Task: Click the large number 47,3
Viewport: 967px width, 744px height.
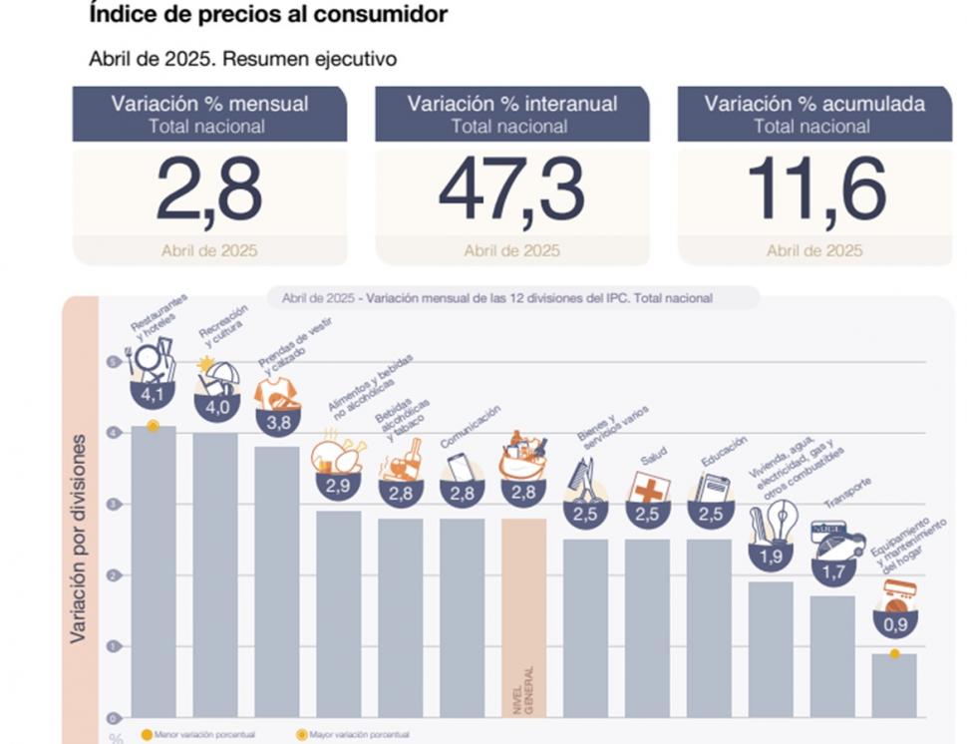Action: coord(511,189)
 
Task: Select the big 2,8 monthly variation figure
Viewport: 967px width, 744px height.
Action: coord(209,189)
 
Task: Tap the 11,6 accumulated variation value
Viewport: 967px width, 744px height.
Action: coord(814,189)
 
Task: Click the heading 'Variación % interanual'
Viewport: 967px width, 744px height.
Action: coord(511,104)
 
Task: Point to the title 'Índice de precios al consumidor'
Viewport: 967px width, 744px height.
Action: coord(267,15)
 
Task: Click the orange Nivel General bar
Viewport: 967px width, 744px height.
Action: coord(523,618)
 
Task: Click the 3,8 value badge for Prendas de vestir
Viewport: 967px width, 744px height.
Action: coord(277,423)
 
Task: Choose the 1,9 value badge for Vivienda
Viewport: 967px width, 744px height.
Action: coord(771,557)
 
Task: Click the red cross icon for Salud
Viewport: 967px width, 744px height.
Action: coord(648,489)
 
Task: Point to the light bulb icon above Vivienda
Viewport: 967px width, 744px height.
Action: coord(778,519)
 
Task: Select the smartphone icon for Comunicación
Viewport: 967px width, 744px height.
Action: coord(460,467)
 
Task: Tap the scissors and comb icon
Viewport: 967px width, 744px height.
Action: coord(586,481)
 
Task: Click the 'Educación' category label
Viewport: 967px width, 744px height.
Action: coord(725,451)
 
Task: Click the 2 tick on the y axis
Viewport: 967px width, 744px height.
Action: coord(113,575)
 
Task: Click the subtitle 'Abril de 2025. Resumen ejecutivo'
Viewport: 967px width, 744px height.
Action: coord(242,59)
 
